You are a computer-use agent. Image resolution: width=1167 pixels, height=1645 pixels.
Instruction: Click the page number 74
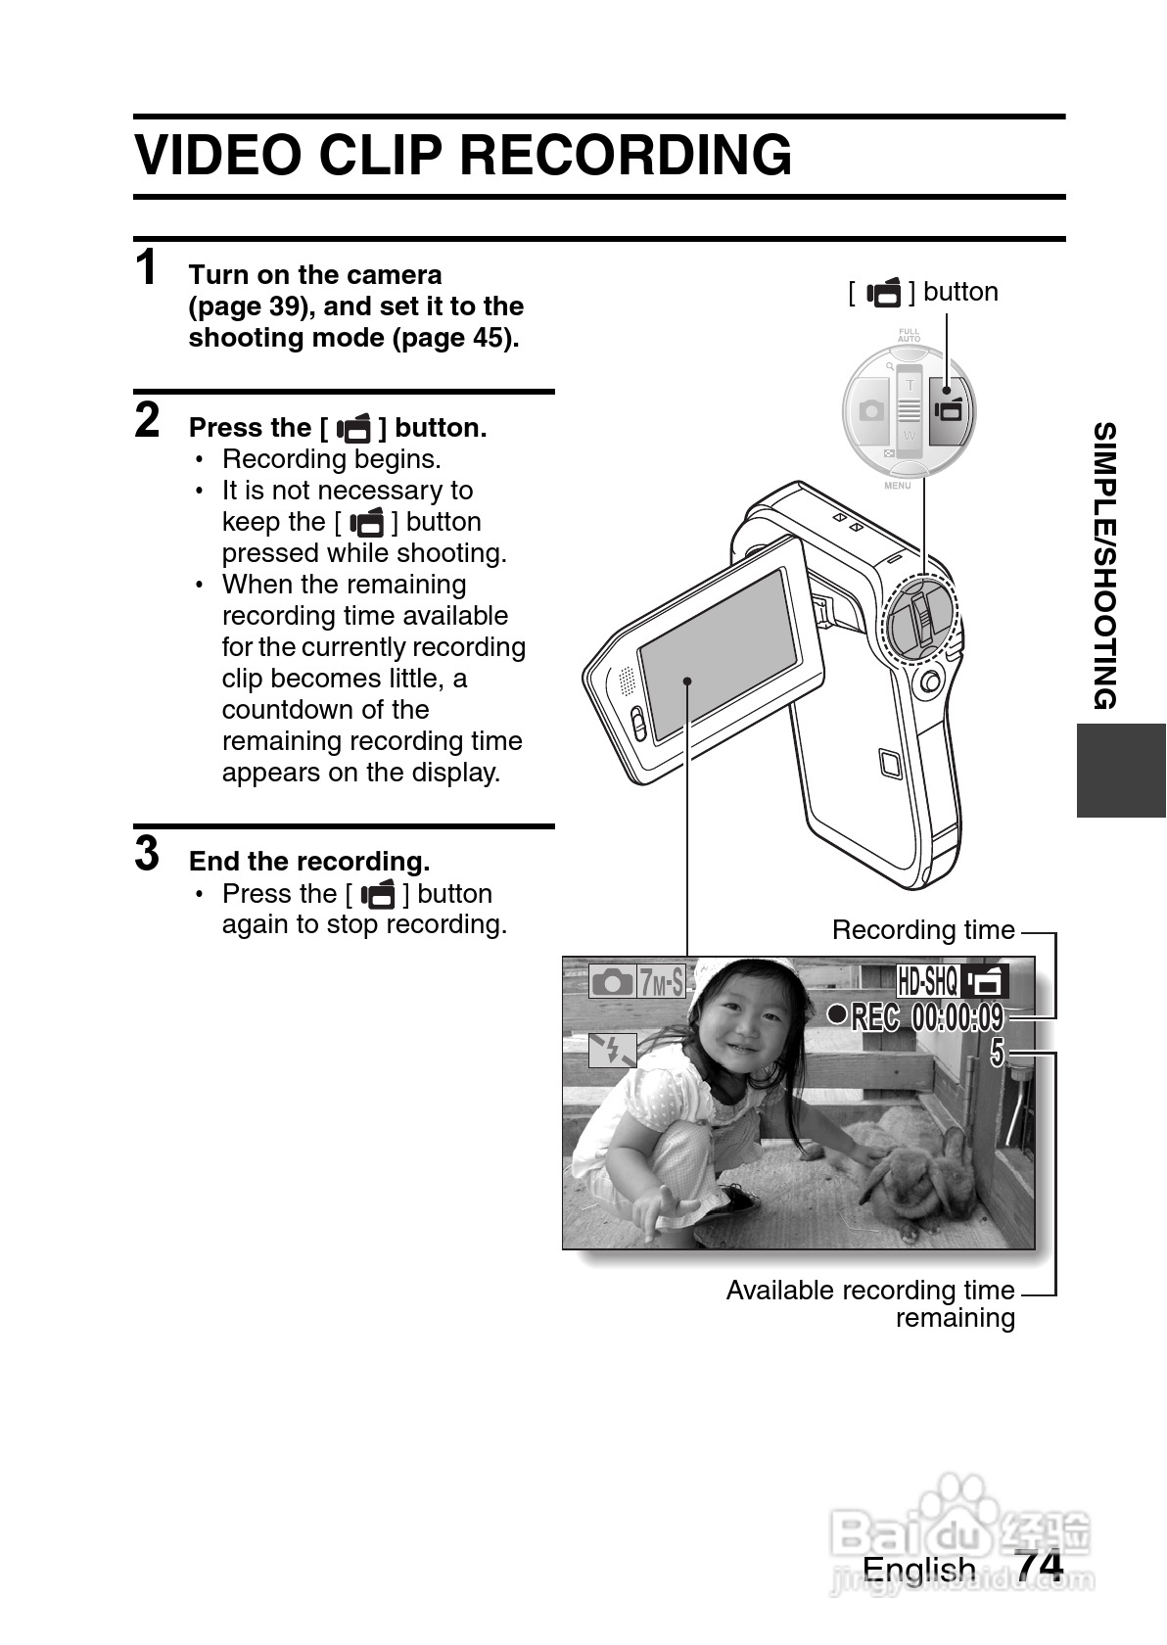click(1039, 1566)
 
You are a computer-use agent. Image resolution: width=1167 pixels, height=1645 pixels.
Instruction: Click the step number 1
click(146, 268)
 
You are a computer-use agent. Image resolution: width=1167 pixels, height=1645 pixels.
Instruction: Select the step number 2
click(147, 420)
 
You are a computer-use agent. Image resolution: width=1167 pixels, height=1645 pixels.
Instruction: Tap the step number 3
click(147, 853)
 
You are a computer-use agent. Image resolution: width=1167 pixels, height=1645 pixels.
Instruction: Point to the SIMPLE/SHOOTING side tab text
click(1104, 565)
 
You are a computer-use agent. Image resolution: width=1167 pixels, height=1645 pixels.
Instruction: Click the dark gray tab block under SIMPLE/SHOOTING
click(1121, 771)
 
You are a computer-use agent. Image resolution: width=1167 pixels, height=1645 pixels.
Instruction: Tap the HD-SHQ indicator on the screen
click(926, 979)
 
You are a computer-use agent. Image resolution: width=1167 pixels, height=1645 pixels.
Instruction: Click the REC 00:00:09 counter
click(927, 1017)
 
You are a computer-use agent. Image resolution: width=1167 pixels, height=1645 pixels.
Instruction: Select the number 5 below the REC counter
click(997, 1054)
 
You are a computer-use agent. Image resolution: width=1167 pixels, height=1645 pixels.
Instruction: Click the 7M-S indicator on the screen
click(661, 981)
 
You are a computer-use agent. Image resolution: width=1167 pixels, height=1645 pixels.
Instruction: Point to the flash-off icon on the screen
click(612, 1051)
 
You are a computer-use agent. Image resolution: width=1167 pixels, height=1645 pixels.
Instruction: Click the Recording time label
click(922, 930)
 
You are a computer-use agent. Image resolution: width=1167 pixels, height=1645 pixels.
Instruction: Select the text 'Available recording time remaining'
click(870, 1304)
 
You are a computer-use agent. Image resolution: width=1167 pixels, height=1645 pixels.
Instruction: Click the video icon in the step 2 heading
click(353, 428)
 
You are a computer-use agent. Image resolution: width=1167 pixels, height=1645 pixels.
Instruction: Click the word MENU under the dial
click(897, 486)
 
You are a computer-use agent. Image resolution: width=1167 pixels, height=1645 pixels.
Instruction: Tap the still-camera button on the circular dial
click(870, 411)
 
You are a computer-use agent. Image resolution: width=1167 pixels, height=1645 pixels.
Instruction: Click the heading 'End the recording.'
click(309, 862)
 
